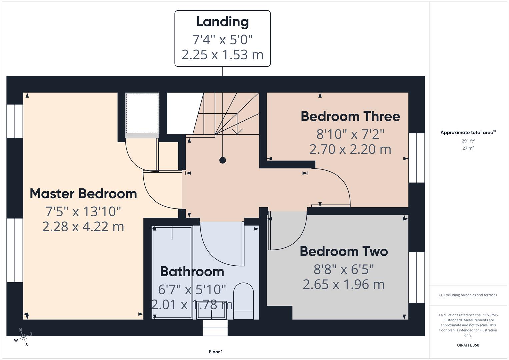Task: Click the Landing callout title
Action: coord(222,22)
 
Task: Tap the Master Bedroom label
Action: coord(83,194)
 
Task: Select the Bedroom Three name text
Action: coord(350,116)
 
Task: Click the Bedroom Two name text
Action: coord(344,251)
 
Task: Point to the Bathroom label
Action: coord(192,272)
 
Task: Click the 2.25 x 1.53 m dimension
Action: coord(222,54)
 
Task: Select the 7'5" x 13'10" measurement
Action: coord(83,211)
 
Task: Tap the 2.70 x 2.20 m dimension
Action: coord(350,149)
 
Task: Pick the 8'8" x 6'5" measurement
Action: coord(344,269)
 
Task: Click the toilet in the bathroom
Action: coord(243,300)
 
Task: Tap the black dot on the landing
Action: coord(223,160)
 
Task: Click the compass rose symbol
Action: coord(23,337)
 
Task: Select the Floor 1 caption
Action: coord(216,352)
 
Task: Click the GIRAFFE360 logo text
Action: coord(468,345)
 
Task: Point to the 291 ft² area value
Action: coord(468,141)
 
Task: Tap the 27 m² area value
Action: coord(468,148)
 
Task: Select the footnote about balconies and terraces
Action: coord(468,295)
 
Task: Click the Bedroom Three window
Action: coord(417,158)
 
